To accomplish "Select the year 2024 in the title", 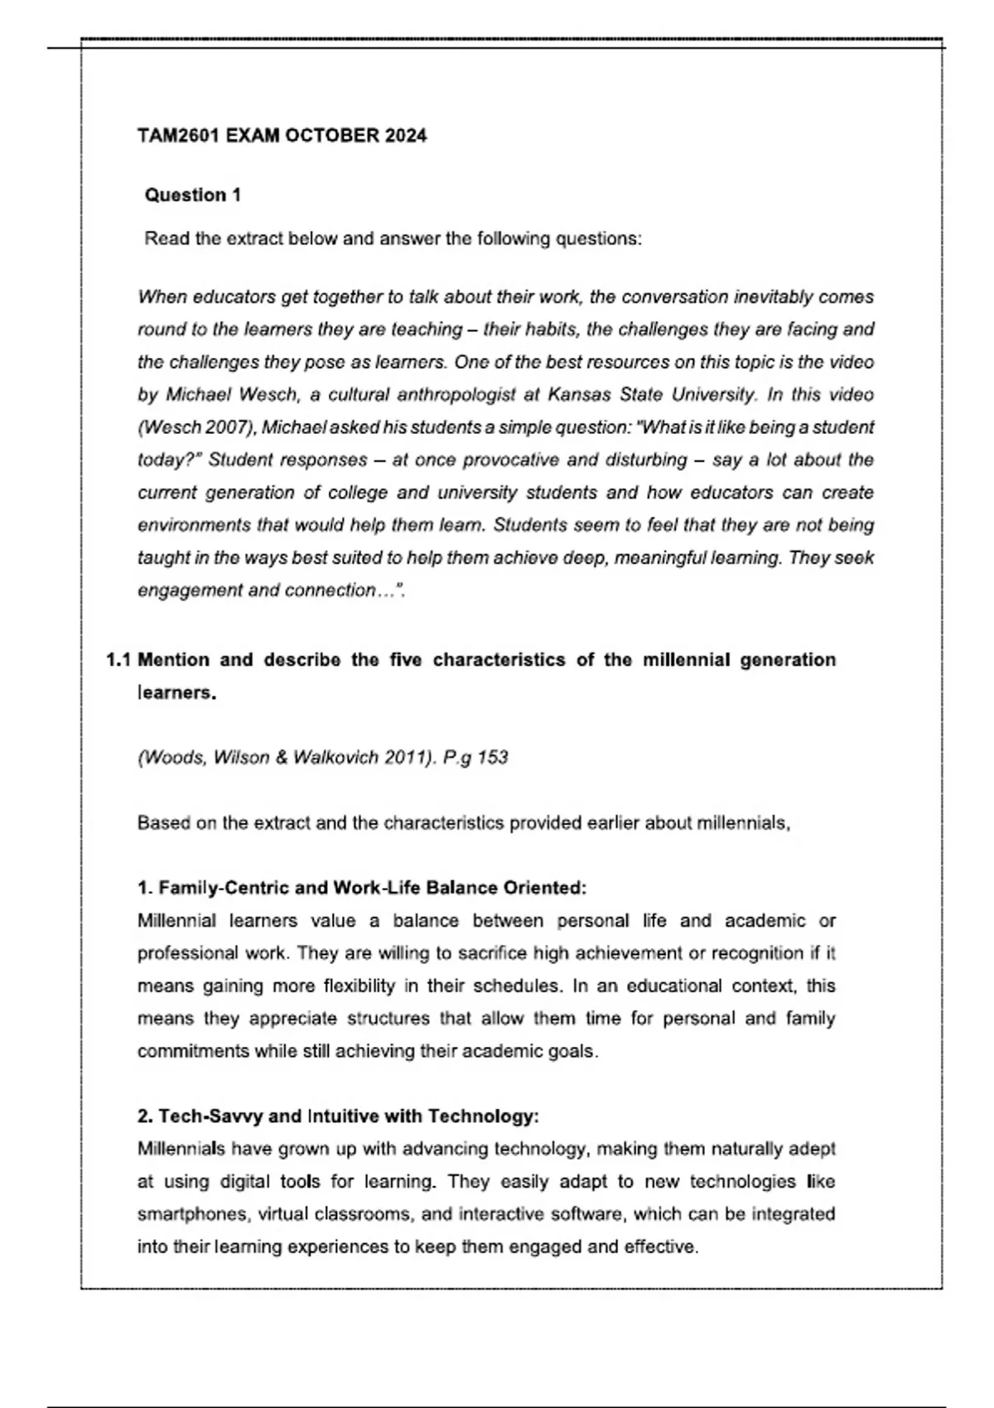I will (x=406, y=136).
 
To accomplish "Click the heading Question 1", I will (x=193, y=195).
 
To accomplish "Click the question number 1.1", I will (x=118, y=660).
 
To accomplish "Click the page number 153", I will (x=492, y=758).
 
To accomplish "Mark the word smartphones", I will (x=193, y=1214).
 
